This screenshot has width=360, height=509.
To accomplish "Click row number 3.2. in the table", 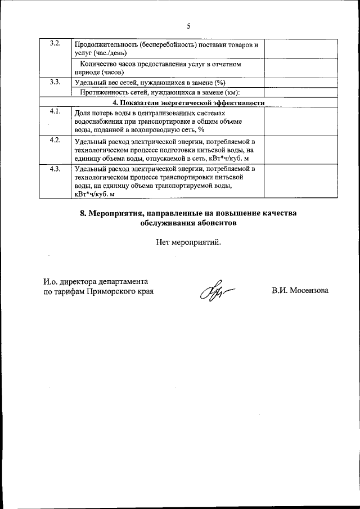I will pyautogui.click(x=55, y=44).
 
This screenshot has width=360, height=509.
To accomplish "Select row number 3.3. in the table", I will pyautogui.click(x=55, y=82).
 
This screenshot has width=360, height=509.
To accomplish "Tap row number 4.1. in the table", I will pyautogui.click(x=55, y=110).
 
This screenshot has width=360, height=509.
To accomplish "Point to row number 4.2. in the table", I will pyautogui.click(x=55, y=139).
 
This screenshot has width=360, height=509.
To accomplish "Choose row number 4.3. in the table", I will pyautogui.click(x=55, y=169).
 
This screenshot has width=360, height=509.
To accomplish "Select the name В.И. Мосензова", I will pyautogui.click(x=300, y=291).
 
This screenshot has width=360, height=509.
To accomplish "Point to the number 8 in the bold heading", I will pyautogui.click(x=83, y=213).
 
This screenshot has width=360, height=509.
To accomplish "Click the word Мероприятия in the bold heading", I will pyautogui.click(x=117, y=213).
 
